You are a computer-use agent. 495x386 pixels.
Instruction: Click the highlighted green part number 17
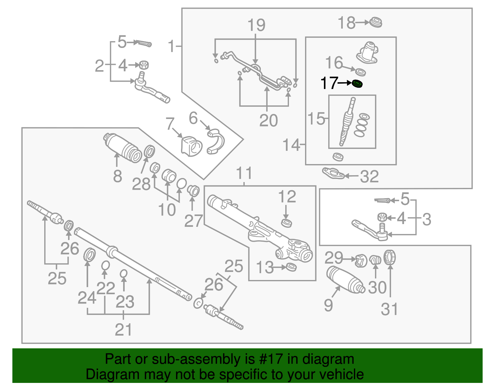pyautogui.click(x=357, y=83)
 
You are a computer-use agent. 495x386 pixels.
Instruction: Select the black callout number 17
pyautogui.click(x=329, y=83)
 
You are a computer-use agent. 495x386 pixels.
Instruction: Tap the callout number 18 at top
pyautogui.click(x=346, y=23)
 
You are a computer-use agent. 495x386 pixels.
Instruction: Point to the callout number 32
pyautogui.click(x=369, y=176)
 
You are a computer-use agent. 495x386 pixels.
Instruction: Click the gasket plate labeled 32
pyautogui.click(x=333, y=173)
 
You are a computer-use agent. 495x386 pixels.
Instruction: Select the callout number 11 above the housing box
pyautogui.click(x=244, y=173)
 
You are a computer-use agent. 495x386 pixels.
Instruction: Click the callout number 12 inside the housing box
pyautogui.click(x=287, y=197)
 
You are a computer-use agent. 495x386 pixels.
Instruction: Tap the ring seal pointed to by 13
pyautogui.click(x=291, y=267)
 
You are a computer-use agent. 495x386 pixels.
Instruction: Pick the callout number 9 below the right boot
pyautogui.click(x=328, y=305)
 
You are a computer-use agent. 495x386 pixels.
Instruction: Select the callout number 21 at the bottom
pyautogui.click(x=123, y=330)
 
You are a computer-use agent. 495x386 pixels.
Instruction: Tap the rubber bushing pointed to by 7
pyautogui.click(x=191, y=146)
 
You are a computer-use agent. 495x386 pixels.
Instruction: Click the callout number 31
pyautogui.click(x=389, y=309)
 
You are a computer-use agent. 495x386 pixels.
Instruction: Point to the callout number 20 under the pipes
pyautogui.click(x=268, y=120)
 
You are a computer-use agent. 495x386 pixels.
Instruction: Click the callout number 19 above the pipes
pyautogui.click(x=256, y=25)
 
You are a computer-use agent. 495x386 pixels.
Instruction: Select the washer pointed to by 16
pyautogui.click(x=360, y=72)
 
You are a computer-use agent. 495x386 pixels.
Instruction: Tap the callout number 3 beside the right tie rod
pyautogui.click(x=426, y=219)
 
